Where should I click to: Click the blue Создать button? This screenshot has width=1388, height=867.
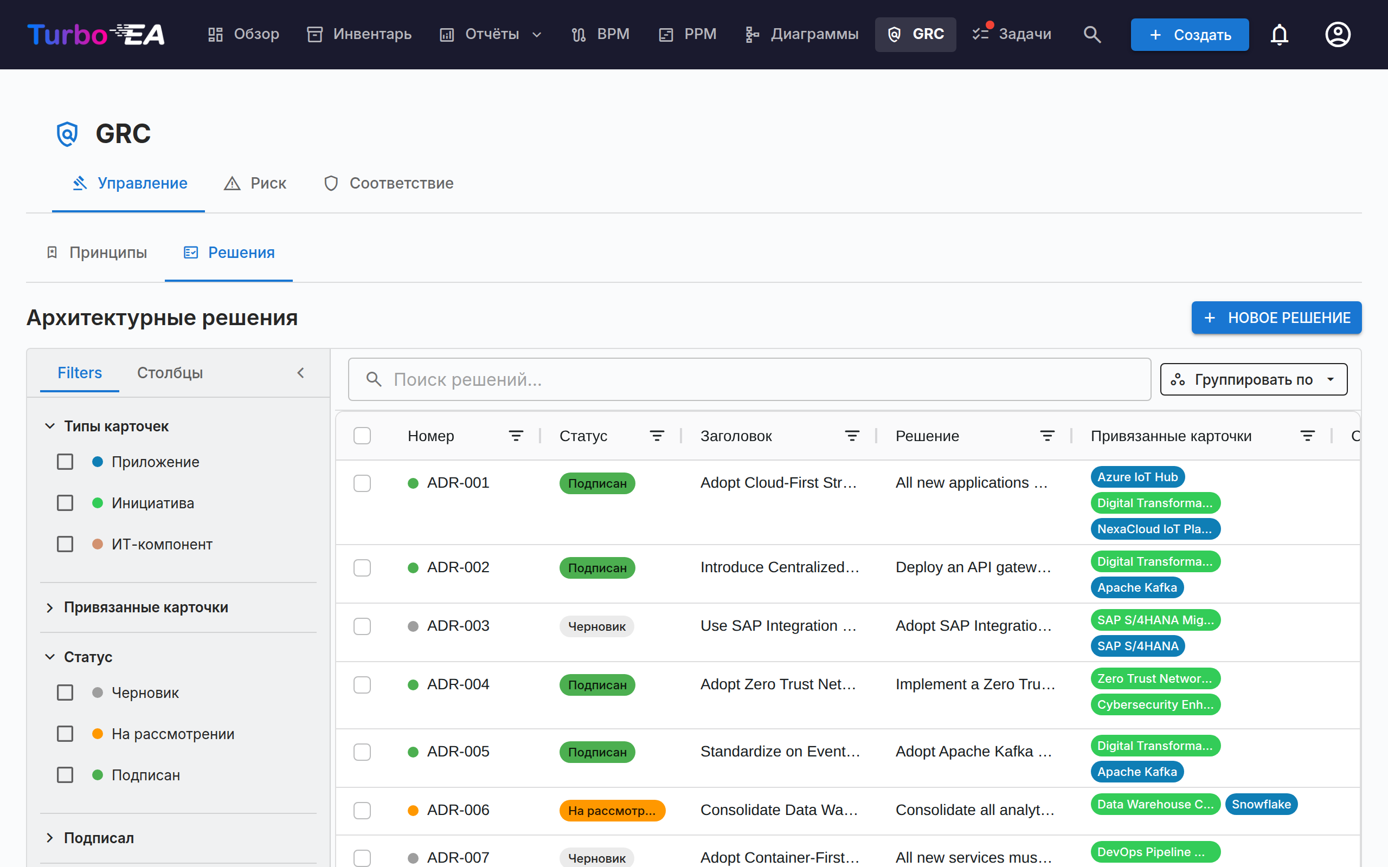pyautogui.click(x=1190, y=34)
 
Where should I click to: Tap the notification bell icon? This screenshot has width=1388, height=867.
pyautogui.click(x=1279, y=34)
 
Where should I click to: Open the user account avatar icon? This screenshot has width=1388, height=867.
pyautogui.click(x=1338, y=34)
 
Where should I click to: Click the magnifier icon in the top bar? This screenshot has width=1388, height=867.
pyautogui.click(x=1092, y=34)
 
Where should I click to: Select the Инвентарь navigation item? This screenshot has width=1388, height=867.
pyautogui.click(x=359, y=34)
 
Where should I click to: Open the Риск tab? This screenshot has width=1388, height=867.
pyautogui.click(x=255, y=184)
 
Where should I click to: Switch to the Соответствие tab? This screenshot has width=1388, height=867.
pyautogui.click(x=389, y=184)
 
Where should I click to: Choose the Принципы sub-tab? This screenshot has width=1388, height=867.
pyautogui.click(x=97, y=253)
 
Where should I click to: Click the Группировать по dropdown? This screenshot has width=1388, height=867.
pyautogui.click(x=1253, y=380)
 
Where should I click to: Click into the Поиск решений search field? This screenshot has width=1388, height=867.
pyautogui.click(x=749, y=380)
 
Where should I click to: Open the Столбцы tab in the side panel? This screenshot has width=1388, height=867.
pyautogui.click(x=170, y=373)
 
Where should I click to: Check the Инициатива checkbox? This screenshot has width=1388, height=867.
pyautogui.click(x=66, y=503)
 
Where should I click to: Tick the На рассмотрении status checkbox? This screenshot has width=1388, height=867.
pyautogui.click(x=66, y=734)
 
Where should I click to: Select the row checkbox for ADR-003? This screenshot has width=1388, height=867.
pyautogui.click(x=362, y=626)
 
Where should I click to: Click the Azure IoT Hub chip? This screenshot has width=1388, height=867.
pyautogui.click(x=1138, y=477)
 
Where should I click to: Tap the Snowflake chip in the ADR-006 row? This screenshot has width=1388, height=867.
pyautogui.click(x=1261, y=805)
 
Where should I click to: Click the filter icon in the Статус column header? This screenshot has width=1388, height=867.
pyautogui.click(x=657, y=436)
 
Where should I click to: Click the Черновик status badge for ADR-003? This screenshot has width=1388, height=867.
pyautogui.click(x=596, y=627)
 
